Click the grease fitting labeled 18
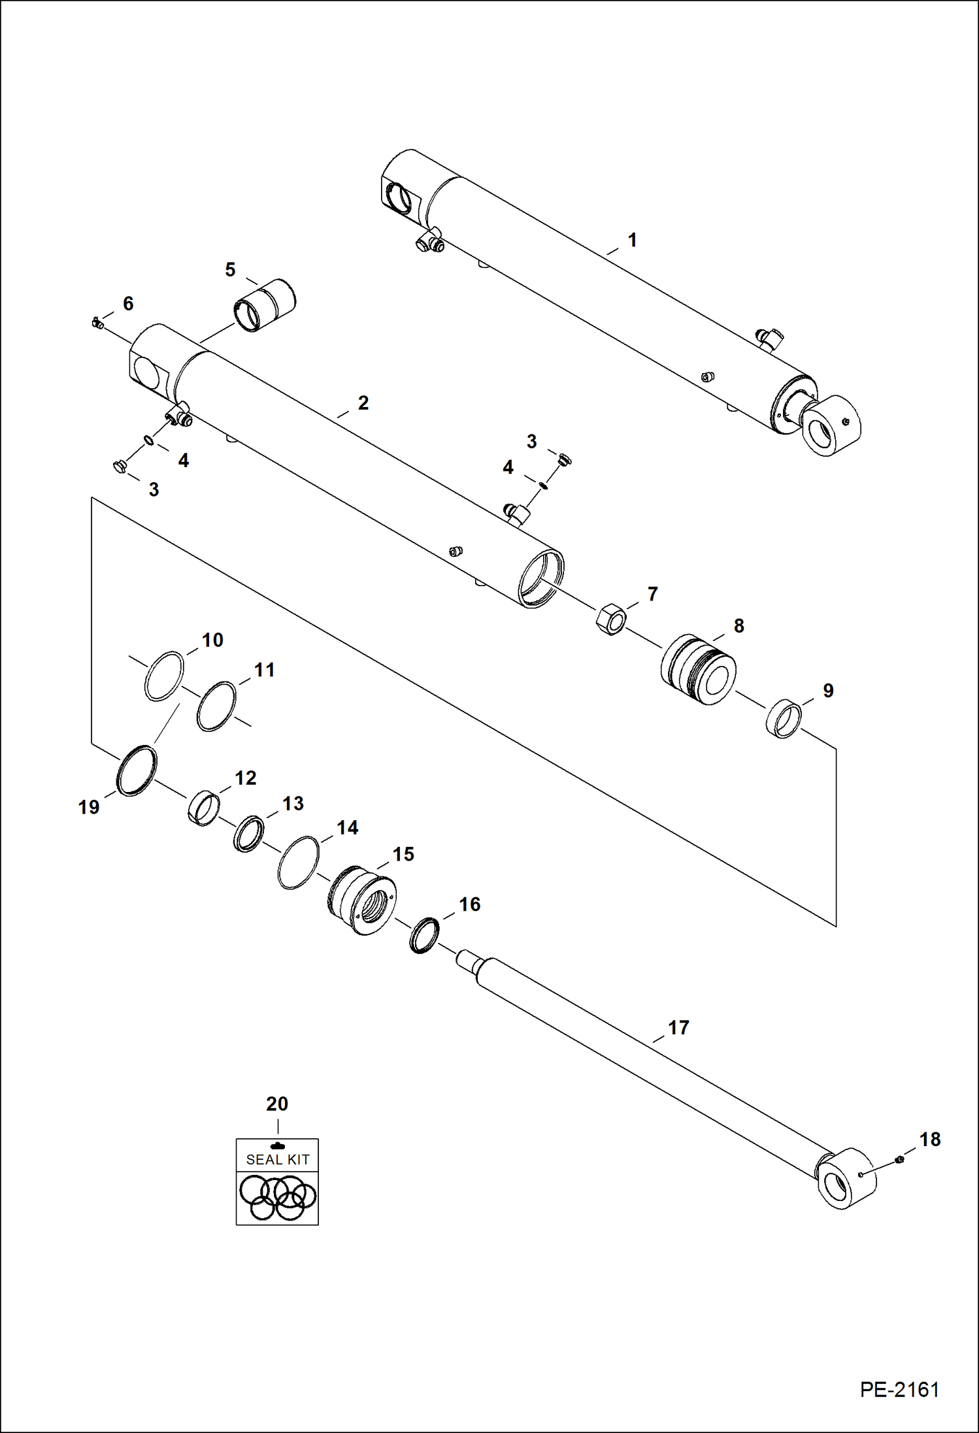[898, 1160]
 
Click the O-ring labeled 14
[298, 862]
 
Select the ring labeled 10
[164, 676]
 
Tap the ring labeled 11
[216, 706]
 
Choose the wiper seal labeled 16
[424, 935]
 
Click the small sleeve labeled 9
[783, 719]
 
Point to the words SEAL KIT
[277, 1160]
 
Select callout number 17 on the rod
[678, 1028]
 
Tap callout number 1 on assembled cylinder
[632, 240]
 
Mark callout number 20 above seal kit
[277, 1104]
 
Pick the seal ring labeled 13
[248, 834]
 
